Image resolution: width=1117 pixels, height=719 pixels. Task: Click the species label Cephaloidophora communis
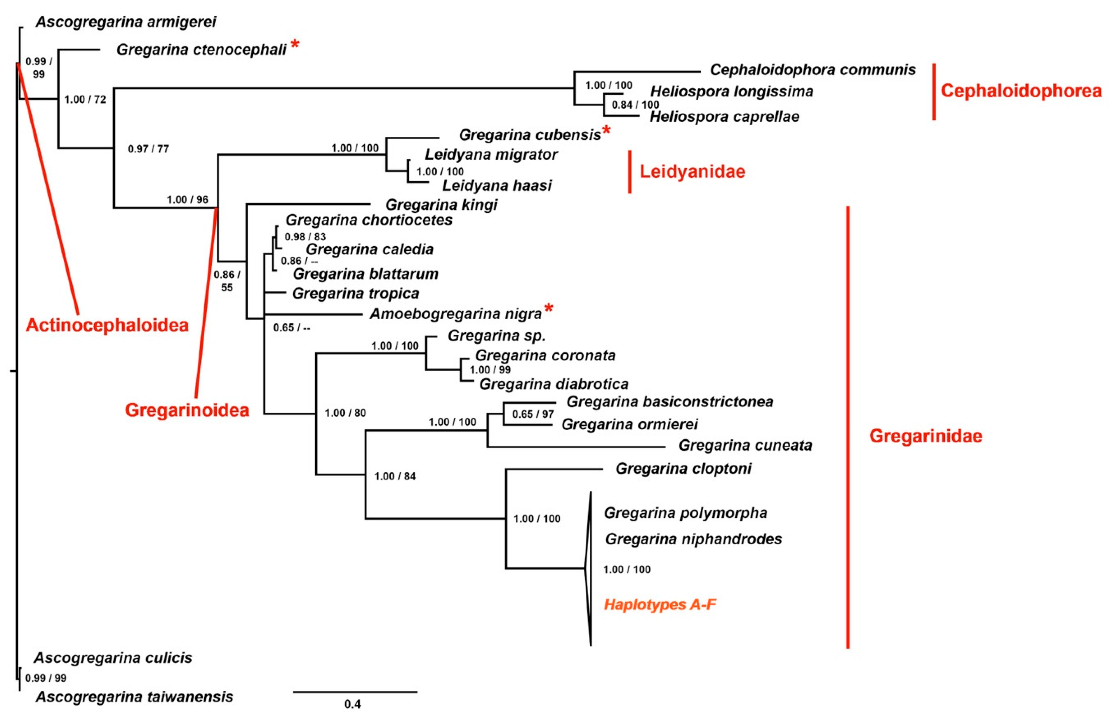point(812,70)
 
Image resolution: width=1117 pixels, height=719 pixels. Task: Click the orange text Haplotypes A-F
point(660,605)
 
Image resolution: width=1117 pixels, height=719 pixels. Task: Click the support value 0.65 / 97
point(533,414)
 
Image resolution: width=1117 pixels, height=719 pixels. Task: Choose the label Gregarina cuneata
point(745,445)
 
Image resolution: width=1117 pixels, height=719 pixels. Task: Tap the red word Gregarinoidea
point(187,410)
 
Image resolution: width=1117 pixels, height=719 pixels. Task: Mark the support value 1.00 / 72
point(85,100)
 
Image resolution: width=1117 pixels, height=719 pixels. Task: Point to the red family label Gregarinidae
point(925,436)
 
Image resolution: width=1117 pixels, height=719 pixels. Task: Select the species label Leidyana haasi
point(497,186)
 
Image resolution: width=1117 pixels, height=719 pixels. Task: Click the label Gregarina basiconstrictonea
point(669,402)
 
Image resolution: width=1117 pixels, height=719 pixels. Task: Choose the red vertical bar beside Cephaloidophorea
point(934,92)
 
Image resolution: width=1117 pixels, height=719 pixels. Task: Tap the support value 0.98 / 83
point(305,237)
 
